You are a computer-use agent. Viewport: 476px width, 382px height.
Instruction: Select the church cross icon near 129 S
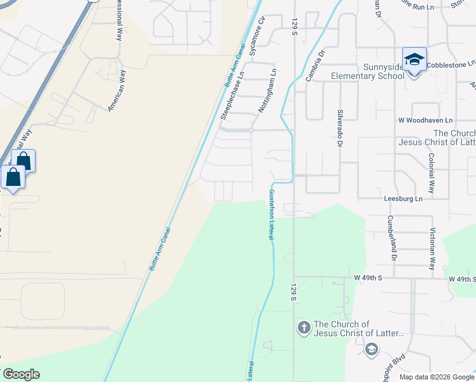[x=304, y=329]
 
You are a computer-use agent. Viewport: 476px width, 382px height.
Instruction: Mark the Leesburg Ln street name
[x=403, y=199]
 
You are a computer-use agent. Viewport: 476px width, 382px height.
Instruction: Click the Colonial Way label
[x=431, y=173]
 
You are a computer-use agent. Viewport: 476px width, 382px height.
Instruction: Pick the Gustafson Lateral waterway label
[x=271, y=214]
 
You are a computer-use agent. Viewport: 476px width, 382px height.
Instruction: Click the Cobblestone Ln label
[x=451, y=64]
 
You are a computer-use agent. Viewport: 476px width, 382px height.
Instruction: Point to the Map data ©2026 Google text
[x=435, y=377]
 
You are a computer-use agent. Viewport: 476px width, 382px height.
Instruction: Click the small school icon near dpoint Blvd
[x=372, y=349]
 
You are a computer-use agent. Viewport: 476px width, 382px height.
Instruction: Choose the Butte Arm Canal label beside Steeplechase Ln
[x=236, y=69]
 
